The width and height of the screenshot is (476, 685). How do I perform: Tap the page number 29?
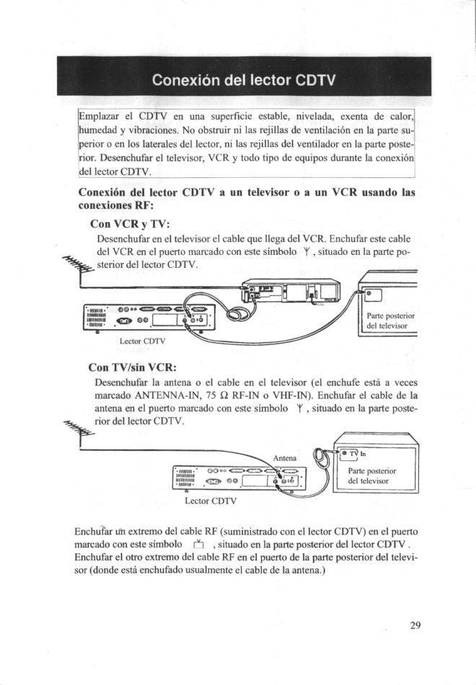[x=415, y=624]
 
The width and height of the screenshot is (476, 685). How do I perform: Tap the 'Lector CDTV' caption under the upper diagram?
[x=143, y=341]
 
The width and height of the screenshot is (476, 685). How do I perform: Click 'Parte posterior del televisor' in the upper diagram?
[x=390, y=321]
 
